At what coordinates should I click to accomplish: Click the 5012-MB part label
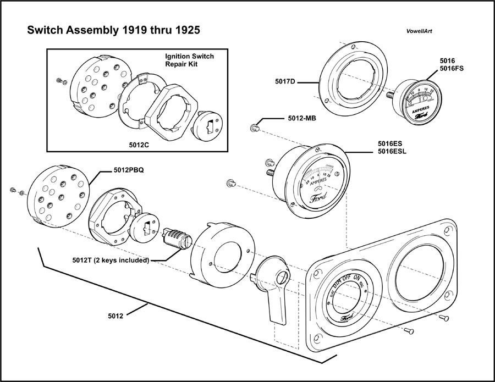coord(301,119)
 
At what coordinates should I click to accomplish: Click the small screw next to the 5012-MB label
coord(255,128)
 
